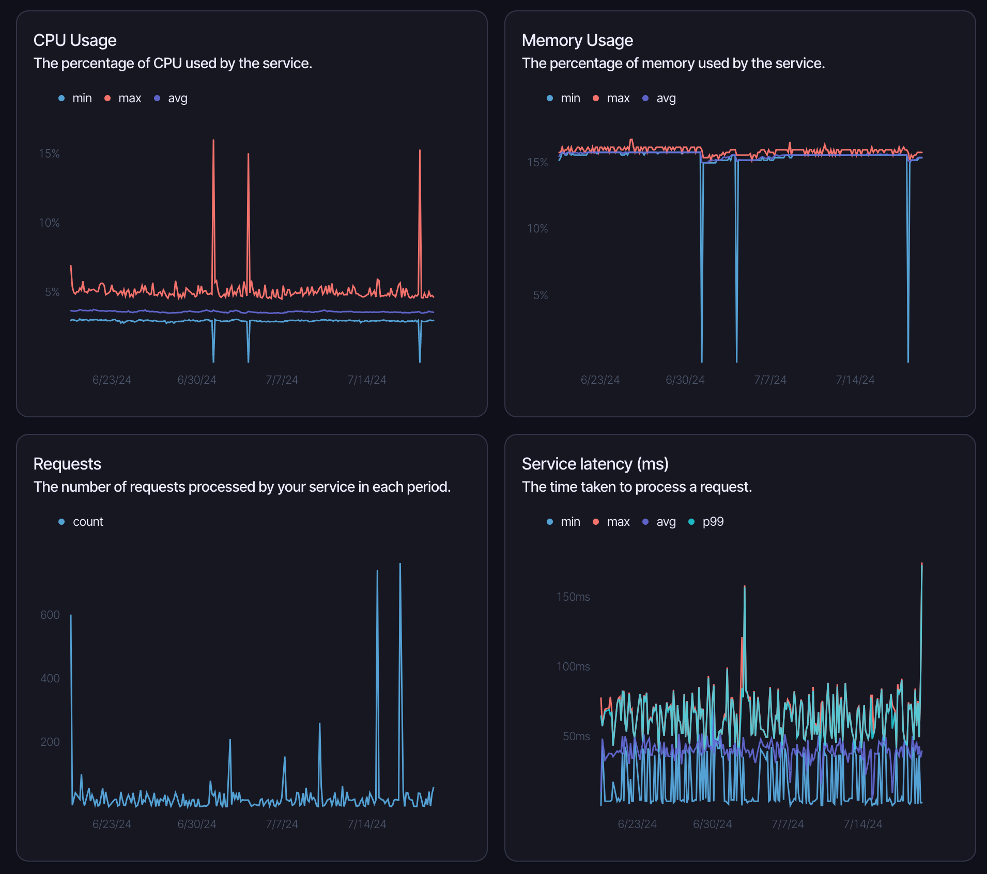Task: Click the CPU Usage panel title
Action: [75, 40]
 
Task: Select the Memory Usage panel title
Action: [577, 40]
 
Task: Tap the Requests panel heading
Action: [67, 464]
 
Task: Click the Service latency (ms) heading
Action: [595, 464]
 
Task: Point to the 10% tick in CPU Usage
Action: [50, 223]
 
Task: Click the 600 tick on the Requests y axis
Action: [50, 615]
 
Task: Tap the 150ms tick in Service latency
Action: [573, 597]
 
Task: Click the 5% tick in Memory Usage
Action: [541, 295]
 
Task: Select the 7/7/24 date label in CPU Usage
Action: [282, 380]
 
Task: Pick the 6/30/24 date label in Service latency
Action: [712, 824]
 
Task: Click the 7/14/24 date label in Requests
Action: [367, 824]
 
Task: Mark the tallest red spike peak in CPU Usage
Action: [213, 141]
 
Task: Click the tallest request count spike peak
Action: [400, 564]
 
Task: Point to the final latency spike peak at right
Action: [922, 564]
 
